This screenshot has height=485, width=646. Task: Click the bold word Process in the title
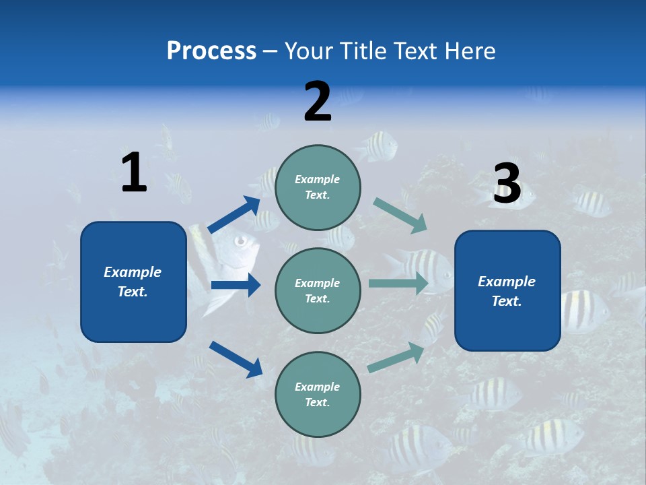click(211, 51)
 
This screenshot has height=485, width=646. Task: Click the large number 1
click(134, 173)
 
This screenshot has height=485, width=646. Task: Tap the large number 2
click(318, 102)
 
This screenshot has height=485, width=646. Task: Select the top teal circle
click(318, 187)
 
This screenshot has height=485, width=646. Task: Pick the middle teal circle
click(318, 290)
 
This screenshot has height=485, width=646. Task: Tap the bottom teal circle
click(318, 394)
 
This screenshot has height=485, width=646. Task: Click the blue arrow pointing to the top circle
click(235, 215)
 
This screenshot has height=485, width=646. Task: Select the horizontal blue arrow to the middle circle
click(236, 285)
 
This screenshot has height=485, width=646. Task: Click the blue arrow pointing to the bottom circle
click(236, 358)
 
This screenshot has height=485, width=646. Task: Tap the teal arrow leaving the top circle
click(400, 216)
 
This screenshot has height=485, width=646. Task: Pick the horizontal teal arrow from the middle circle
click(398, 283)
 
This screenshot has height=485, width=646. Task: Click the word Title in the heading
click(363, 51)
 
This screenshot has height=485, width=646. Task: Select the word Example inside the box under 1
click(133, 272)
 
